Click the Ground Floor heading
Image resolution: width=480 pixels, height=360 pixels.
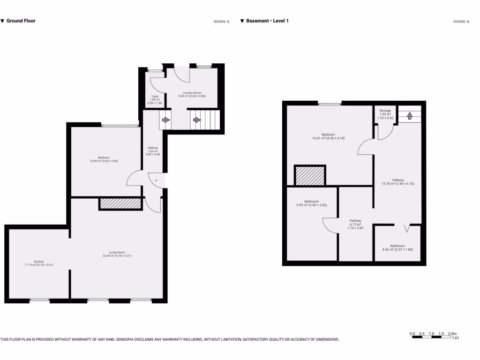pyautogui.click(x=20, y=21)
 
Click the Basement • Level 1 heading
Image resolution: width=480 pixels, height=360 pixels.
pyautogui.click(x=267, y=21)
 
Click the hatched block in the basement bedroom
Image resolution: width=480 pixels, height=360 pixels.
pyautogui.click(x=309, y=176)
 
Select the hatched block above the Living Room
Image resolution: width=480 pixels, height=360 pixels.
pyautogui.click(x=120, y=203)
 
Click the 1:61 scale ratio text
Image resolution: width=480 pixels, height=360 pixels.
pyautogui.click(x=455, y=337)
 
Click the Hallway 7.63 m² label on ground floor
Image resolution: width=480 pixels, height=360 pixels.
pyautogui.click(x=153, y=151)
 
